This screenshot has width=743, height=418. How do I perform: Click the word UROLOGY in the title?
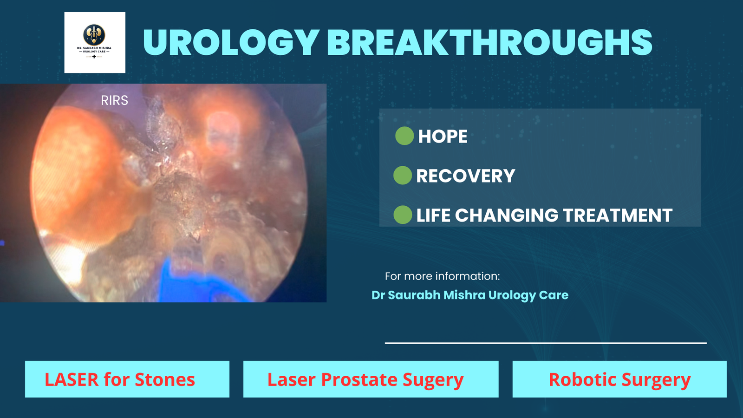point(231,42)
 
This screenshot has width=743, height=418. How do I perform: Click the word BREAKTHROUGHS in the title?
point(489,42)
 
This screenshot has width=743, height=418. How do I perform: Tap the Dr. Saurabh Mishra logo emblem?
point(94,35)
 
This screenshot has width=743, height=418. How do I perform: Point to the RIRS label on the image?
point(114,100)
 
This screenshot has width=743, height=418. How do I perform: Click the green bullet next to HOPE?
point(404,136)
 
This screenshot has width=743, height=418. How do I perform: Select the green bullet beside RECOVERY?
point(403,175)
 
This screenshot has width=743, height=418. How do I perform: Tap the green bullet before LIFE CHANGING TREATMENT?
point(403,215)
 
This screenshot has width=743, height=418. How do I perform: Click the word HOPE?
point(443,137)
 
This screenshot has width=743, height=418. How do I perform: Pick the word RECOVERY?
point(466,176)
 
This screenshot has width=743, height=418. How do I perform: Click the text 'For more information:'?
point(442,276)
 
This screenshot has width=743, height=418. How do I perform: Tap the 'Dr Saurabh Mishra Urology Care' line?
point(469,295)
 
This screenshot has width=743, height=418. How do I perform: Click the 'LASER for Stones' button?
point(127,379)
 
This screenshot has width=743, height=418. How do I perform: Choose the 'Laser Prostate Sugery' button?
point(371,379)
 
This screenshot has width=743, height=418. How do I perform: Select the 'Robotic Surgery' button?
point(619,379)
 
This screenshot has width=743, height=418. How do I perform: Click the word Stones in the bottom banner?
point(165,379)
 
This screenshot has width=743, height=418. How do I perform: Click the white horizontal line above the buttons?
point(546,343)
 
